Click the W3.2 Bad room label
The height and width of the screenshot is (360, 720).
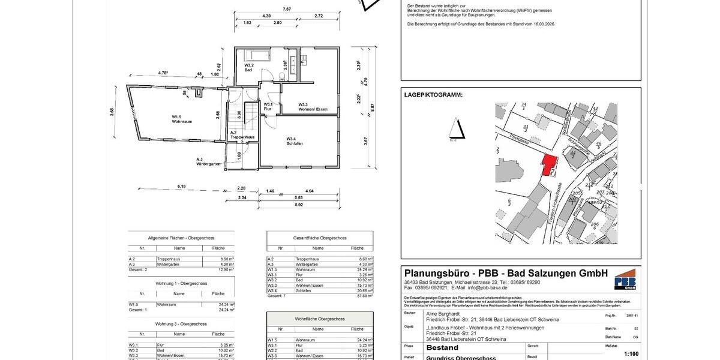coord(249,67)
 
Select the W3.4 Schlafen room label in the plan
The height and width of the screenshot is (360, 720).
coord(294,141)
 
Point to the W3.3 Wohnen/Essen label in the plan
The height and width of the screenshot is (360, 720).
coord(313,107)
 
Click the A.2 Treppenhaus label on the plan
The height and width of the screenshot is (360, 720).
coord(242,135)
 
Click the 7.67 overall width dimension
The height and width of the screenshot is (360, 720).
coord(287,10)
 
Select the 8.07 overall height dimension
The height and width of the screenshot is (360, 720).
coord(373,108)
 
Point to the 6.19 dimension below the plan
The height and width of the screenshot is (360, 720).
coord(181,187)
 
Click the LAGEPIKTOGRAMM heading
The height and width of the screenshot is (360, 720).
coord(433,95)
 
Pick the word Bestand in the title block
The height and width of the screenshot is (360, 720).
coord(442,347)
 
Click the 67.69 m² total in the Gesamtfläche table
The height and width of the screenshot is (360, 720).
coord(359,296)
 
